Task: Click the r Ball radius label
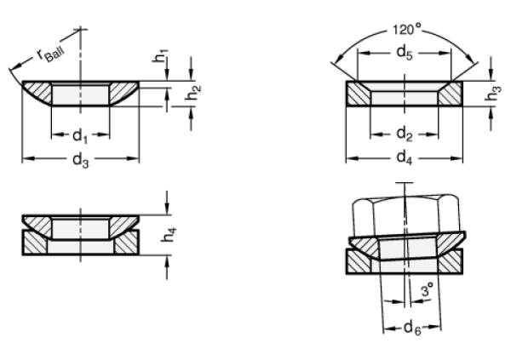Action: pos(51,54)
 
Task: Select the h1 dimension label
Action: pos(161,55)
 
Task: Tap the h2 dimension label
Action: pos(193,93)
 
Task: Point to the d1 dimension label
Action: pos(80,135)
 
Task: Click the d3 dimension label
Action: pos(80,160)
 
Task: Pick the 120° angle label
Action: pos(406,30)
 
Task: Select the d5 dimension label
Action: pos(405,53)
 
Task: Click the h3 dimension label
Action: pos(493,93)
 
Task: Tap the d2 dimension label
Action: pos(405,134)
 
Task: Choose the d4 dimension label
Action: pos(405,158)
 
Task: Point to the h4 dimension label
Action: pos(169,235)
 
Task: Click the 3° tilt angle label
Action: pos(428,289)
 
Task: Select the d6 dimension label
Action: pos(412,328)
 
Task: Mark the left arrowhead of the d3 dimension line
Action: pos(28,158)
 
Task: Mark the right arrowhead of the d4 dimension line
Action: pos(456,158)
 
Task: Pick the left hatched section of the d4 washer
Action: pos(359,94)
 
